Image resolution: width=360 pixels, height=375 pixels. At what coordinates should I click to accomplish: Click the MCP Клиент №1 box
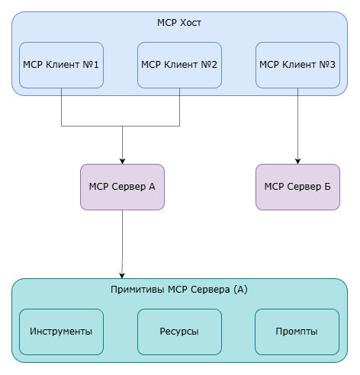(61, 65)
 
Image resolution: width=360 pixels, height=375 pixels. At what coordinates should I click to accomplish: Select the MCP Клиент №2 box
(179, 65)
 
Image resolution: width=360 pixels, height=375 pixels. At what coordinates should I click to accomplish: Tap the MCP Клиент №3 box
(297, 65)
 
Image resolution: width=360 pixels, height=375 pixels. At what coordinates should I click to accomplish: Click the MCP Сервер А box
(122, 186)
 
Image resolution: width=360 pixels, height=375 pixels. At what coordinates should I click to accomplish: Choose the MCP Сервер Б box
(297, 186)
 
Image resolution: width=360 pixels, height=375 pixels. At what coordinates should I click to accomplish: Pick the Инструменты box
(61, 332)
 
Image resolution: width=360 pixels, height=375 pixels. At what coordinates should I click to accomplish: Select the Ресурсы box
(179, 332)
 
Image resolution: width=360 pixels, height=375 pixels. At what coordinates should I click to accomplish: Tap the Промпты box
(297, 332)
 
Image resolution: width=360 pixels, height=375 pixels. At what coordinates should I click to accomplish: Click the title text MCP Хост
(178, 22)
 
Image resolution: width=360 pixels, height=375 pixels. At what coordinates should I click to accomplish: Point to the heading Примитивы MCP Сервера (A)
(179, 290)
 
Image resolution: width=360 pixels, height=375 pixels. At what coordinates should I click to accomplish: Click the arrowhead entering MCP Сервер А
(122, 159)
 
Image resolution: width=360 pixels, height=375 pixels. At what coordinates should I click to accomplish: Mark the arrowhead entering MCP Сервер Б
(297, 159)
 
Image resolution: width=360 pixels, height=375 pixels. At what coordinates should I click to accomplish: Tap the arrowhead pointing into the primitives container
(122, 274)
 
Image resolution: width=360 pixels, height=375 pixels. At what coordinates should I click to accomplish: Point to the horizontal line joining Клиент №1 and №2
(121, 125)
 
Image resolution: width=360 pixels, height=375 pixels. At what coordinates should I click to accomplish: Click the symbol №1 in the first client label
(93, 64)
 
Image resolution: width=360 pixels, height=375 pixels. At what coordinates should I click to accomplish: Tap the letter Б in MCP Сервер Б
(326, 186)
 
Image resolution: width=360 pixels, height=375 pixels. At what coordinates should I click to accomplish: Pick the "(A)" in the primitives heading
(239, 290)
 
